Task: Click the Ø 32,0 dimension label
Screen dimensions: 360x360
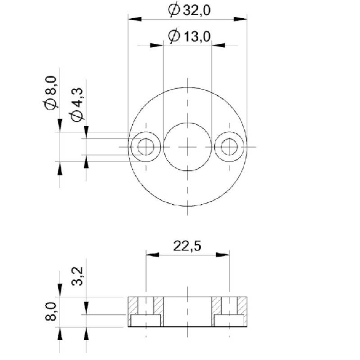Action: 189,11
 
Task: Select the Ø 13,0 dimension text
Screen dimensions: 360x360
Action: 189,36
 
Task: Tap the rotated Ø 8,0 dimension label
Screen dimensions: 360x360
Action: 51,93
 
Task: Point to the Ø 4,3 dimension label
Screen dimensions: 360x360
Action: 76,105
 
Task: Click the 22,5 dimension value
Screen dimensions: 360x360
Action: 187,246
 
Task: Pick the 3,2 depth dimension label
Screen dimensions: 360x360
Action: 77,276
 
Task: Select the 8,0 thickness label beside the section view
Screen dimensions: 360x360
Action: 51,311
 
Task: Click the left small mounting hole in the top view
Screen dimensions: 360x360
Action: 146,147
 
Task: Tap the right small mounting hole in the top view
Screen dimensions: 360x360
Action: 229,147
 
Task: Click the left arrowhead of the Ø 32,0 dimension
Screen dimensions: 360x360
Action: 135,19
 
